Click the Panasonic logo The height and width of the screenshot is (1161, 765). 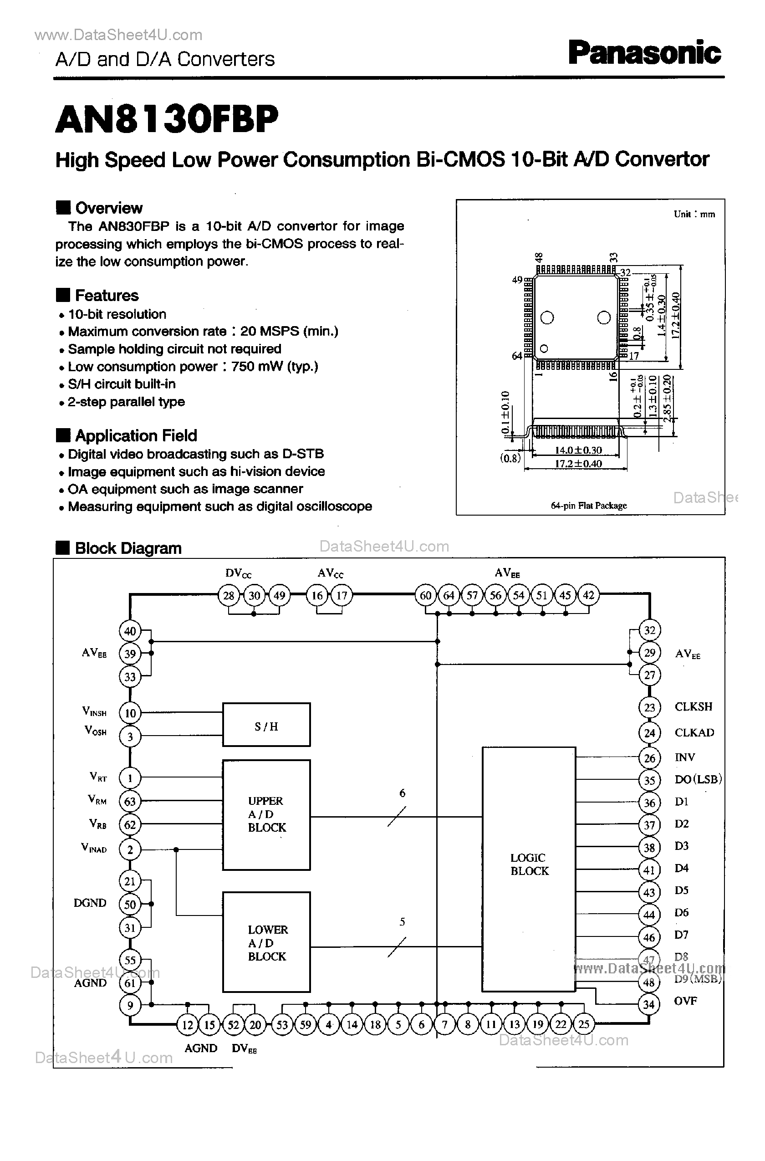[x=644, y=54]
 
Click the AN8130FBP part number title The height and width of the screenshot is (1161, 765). [x=167, y=120]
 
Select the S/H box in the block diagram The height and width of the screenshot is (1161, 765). [x=266, y=725]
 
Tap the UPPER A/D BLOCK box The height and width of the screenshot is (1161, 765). [x=266, y=814]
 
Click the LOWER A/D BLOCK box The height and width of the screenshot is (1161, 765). [x=266, y=942]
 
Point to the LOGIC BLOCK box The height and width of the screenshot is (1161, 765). [x=529, y=869]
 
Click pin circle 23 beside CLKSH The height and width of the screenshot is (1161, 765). [x=649, y=707]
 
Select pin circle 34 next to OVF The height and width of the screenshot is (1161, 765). [x=648, y=1004]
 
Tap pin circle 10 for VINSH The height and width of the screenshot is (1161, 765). [x=130, y=713]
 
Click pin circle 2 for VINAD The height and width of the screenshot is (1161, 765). [x=130, y=849]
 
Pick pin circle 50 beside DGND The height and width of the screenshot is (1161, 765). [x=130, y=904]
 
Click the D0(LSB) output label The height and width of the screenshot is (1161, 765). [x=698, y=779]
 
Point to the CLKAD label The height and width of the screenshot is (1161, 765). [x=694, y=732]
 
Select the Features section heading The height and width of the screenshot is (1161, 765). [x=107, y=296]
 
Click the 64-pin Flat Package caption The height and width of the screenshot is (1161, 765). [x=588, y=506]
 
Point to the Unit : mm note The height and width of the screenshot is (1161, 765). [x=694, y=214]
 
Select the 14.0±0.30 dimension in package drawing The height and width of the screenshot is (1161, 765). [x=578, y=450]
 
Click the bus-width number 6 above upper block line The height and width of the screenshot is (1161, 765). [x=402, y=793]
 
